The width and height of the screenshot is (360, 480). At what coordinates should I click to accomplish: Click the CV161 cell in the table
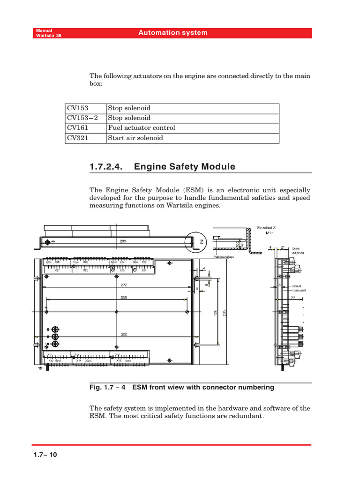coord(78,128)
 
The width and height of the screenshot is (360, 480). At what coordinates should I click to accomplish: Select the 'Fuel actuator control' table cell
coord(142,128)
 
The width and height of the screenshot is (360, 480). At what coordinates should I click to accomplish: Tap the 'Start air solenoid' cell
coord(135,138)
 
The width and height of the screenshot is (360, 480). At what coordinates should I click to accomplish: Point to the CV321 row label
coord(78,138)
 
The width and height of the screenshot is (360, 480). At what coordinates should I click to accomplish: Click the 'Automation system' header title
coord(173,33)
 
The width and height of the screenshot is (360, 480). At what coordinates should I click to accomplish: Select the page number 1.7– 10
coord(45,455)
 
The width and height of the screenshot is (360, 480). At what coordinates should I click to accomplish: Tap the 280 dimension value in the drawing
coord(123,241)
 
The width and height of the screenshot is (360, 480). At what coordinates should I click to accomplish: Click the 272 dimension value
coord(124,285)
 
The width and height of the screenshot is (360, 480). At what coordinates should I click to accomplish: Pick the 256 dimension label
coord(124,297)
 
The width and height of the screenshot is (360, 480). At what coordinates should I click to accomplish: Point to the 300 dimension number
coord(124,335)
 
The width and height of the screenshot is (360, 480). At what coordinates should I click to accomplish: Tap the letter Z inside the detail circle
coord(202,242)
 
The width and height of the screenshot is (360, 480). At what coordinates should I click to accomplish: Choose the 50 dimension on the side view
coord(293,297)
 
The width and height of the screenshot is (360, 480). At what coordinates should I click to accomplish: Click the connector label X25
coord(86,270)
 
